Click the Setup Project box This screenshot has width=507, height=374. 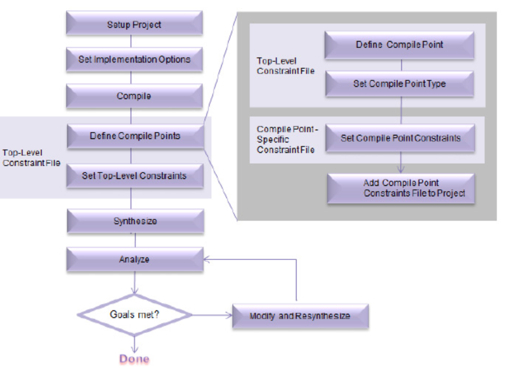[x=135, y=25]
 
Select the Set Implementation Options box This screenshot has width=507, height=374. [x=135, y=59]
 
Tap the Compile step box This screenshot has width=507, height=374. [x=135, y=96]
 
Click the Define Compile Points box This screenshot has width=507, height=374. [x=135, y=137]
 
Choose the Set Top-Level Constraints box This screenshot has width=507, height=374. [x=135, y=175]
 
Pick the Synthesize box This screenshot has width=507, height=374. [x=135, y=221]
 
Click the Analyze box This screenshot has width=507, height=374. [x=135, y=259]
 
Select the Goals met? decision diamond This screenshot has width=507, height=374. [x=135, y=315]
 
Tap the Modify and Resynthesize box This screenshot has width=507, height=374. [x=300, y=316]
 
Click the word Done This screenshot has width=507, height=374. [x=135, y=359]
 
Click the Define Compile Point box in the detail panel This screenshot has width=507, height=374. [x=400, y=45]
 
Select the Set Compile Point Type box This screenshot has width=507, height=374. [x=400, y=84]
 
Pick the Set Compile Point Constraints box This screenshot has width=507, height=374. [x=400, y=138]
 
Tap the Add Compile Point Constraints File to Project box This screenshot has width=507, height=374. [x=401, y=188]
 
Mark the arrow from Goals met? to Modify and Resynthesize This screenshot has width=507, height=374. [x=212, y=316]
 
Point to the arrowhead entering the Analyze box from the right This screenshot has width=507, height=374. [x=207, y=260]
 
